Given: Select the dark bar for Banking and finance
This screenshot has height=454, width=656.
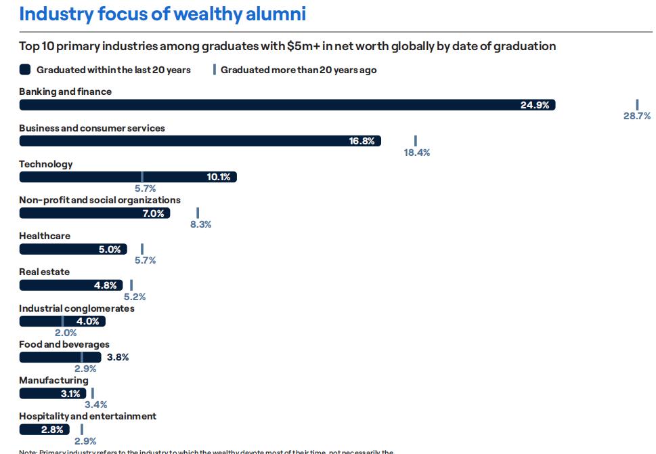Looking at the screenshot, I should click(271, 105).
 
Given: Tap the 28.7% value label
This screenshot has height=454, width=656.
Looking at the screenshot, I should click(636, 117).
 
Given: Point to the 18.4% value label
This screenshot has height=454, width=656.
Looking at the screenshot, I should click(417, 152).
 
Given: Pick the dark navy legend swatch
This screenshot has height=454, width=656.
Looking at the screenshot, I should click(25, 70).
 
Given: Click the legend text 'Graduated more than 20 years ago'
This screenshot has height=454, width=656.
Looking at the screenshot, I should click(298, 70).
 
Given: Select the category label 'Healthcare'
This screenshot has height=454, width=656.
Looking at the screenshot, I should click(45, 236).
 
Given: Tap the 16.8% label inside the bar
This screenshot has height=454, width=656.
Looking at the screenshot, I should click(362, 141).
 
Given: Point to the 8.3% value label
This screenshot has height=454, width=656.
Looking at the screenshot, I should click(200, 224).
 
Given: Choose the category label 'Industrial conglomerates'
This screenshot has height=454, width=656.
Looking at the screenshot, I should click(76, 308).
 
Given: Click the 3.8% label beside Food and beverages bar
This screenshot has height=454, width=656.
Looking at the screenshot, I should click(118, 357).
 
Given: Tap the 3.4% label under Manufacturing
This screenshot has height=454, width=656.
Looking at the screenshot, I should click(95, 405).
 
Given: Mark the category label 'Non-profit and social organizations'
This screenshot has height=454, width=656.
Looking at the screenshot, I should click(100, 200).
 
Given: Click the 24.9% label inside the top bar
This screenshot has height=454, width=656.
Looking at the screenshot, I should click(534, 105).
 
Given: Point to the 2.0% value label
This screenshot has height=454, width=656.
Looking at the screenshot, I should click(66, 333).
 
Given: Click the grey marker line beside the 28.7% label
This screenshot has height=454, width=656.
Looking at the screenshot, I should click(637, 104).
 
